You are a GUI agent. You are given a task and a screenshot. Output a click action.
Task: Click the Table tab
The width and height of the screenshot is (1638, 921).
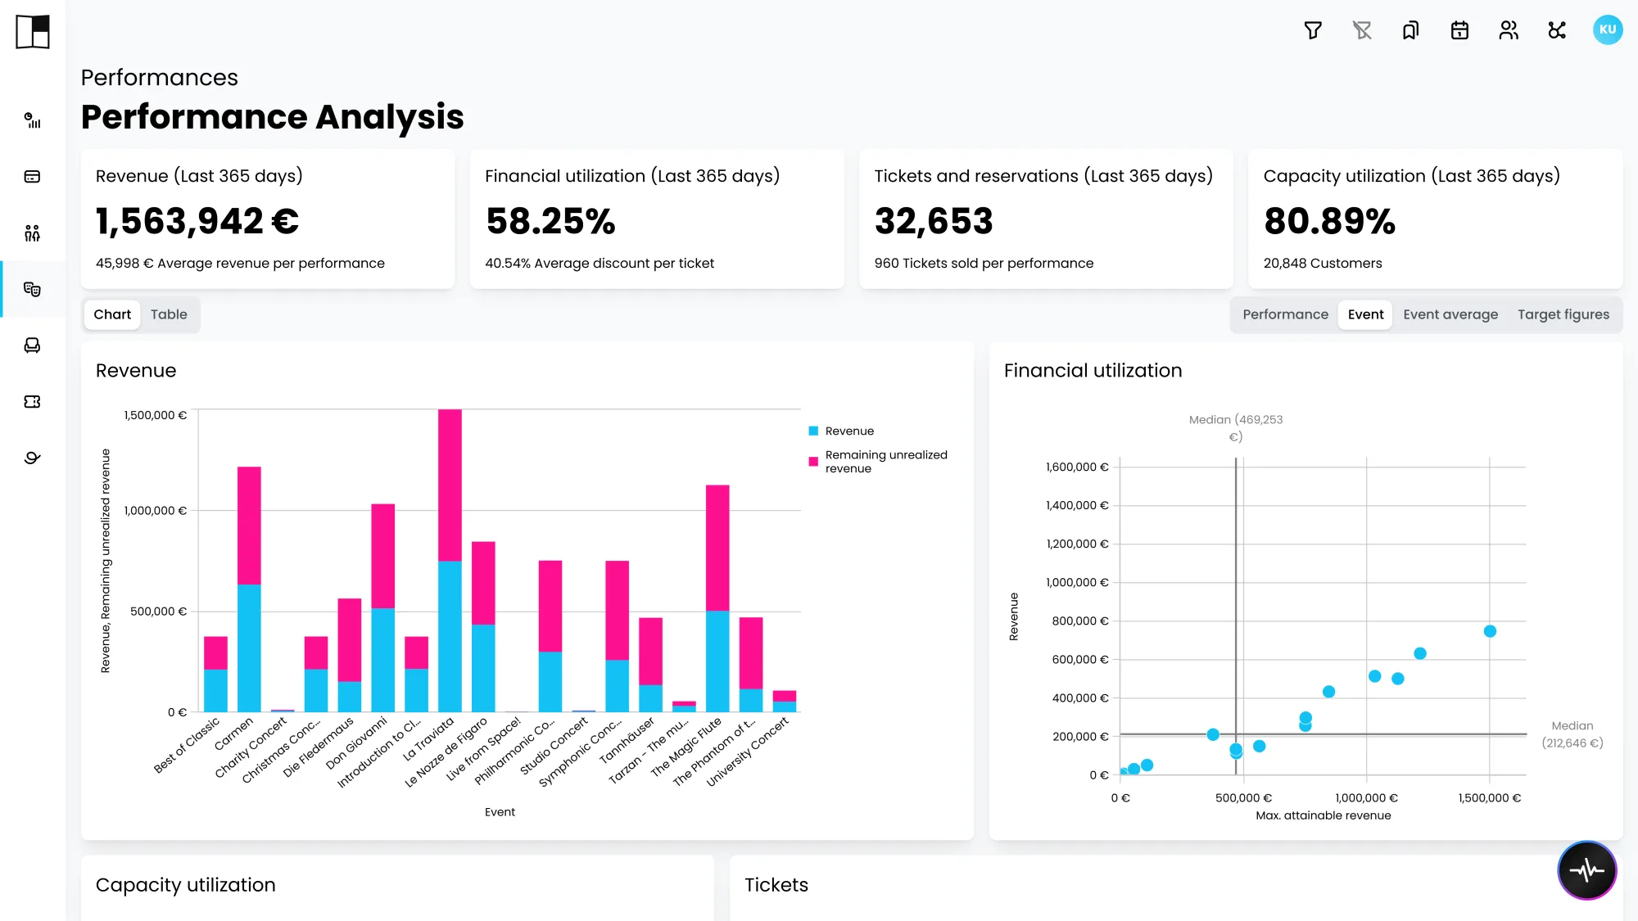click(169, 314)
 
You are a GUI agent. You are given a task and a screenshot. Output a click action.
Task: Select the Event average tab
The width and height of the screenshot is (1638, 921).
click(1450, 314)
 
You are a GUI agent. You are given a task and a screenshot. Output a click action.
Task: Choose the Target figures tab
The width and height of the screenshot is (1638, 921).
click(1563, 314)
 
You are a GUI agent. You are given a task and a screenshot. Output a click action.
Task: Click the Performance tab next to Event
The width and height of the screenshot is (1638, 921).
click(1285, 314)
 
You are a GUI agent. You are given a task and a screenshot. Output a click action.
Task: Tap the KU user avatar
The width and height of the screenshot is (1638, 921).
click(1608, 30)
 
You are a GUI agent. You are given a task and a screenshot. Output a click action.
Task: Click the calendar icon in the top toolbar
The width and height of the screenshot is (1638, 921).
click(1459, 30)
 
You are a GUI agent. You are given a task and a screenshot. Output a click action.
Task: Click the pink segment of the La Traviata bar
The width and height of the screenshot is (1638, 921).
click(450, 485)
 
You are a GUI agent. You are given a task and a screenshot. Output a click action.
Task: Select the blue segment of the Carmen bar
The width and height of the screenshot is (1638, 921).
click(249, 648)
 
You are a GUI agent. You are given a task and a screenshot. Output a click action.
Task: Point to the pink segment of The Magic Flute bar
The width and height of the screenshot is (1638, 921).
click(717, 548)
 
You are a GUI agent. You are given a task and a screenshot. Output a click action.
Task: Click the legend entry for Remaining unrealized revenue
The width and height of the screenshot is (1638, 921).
click(878, 462)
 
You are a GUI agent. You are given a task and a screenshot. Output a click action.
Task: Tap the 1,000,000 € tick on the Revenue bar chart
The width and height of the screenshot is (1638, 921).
click(156, 511)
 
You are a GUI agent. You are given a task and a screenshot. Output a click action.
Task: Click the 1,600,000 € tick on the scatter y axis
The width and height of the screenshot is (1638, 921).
click(1077, 467)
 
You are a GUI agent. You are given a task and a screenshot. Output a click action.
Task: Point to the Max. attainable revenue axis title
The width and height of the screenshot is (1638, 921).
click(1324, 815)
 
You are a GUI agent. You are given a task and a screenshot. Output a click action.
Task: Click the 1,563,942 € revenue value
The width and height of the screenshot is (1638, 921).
click(197, 221)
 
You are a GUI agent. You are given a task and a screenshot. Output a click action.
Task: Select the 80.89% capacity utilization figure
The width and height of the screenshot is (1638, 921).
click(1329, 221)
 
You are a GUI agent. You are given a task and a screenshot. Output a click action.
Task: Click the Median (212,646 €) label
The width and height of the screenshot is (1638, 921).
click(1572, 734)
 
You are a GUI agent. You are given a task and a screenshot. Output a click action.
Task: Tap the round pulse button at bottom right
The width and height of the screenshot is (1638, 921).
click(1586, 869)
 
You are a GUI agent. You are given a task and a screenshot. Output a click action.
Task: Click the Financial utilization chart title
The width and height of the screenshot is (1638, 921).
click(1093, 371)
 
